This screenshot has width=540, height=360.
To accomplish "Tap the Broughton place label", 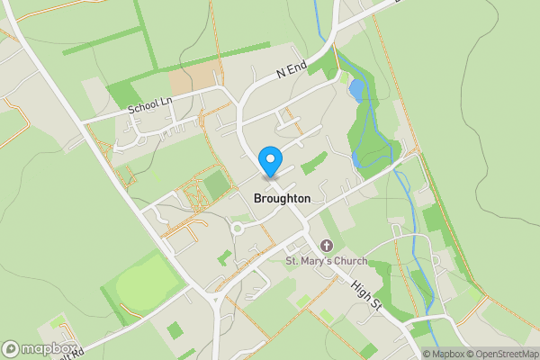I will (283, 198).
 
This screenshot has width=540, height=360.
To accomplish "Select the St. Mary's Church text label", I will (327, 262).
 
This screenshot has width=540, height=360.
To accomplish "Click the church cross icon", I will (327, 246).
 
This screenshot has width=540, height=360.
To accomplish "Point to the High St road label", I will (367, 296).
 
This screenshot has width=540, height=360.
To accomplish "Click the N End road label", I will (292, 68).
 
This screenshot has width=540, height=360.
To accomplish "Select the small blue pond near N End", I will (356, 90).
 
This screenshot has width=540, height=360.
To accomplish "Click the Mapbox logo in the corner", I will (39, 348).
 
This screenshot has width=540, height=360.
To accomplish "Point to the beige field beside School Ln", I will (193, 78).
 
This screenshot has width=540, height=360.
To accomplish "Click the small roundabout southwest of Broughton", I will (238, 229).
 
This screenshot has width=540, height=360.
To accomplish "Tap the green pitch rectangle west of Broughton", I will (216, 184).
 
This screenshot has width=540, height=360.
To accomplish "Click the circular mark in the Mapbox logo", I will (11, 348).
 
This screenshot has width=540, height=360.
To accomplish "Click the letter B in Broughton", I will (258, 198).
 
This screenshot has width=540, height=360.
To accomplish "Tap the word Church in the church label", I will (350, 262).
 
